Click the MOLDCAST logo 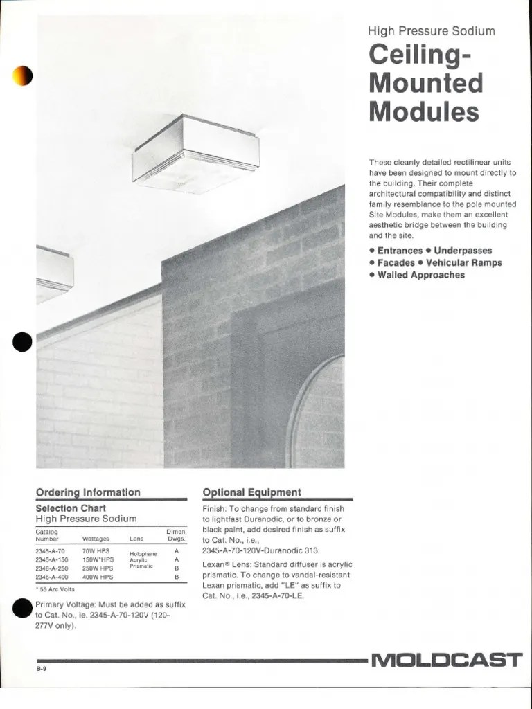(447, 660)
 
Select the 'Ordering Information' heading (88, 492)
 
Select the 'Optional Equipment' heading (251, 492)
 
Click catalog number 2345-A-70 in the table (51, 551)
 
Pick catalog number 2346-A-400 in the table (52, 577)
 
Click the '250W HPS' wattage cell (98, 568)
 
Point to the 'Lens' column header (136, 538)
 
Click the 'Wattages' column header (96, 538)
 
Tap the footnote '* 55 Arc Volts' (57, 589)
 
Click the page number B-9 (43, 670)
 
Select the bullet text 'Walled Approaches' (420, 275)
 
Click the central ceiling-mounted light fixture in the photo (196, 156)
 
